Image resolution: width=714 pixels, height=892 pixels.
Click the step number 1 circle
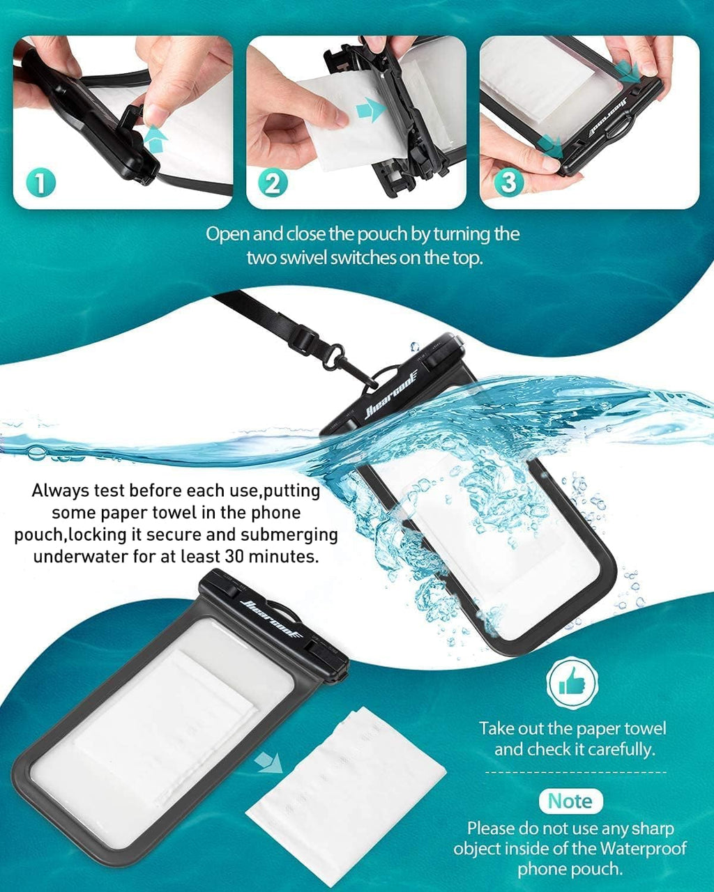click(40, 183)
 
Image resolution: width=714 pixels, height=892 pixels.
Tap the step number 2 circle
click(273, 183)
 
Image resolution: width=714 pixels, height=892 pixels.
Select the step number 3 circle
click(508, 183)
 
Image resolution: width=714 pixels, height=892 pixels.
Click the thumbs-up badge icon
click(572, 684)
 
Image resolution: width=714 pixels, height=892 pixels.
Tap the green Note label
click(570, 801)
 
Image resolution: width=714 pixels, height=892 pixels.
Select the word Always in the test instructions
click(62, 491)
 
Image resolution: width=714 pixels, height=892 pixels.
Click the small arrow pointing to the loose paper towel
click(268, 762)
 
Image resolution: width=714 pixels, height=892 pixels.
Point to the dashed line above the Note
click(575, 772)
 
